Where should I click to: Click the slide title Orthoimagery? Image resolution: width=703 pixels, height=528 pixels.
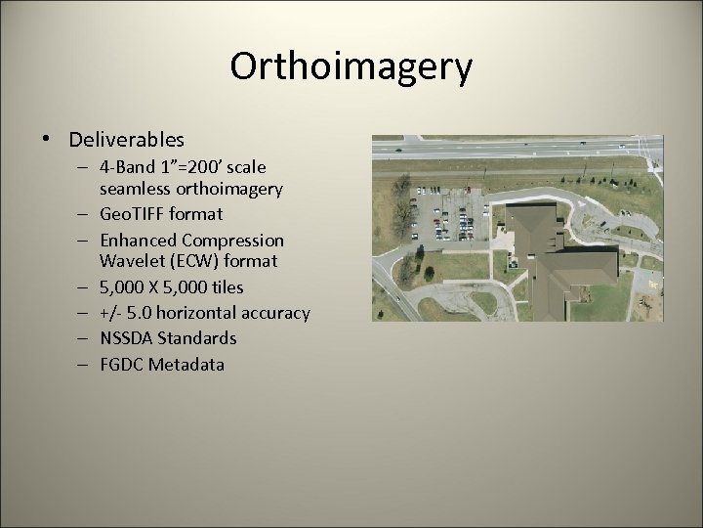tap(351, 67)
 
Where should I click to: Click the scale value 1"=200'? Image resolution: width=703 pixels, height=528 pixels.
tap(192, 167)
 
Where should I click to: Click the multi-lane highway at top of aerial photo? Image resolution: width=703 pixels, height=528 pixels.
tap(517, 147)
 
